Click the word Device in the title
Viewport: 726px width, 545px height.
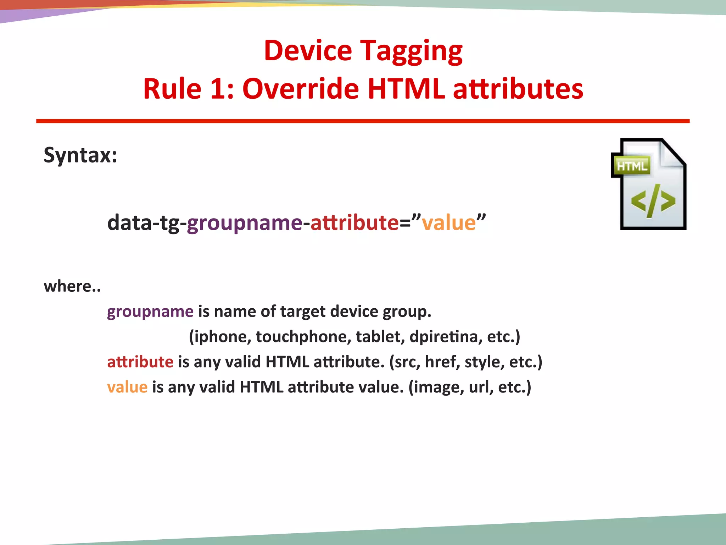[x=308, y=50]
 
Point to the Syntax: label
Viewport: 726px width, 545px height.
[x=80, y=155]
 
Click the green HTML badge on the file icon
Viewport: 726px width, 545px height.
[x=631, y=166]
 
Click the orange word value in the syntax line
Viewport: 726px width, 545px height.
[x=448, y=223]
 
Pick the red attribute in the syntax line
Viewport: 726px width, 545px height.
[x=354, y=223]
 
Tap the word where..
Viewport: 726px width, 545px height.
[x=68, y=286]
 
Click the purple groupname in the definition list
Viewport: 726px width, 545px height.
[x=150, y=312]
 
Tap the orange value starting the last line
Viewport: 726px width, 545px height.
[x=127, y=387]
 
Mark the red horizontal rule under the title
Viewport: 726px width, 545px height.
[x=363, y=121]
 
